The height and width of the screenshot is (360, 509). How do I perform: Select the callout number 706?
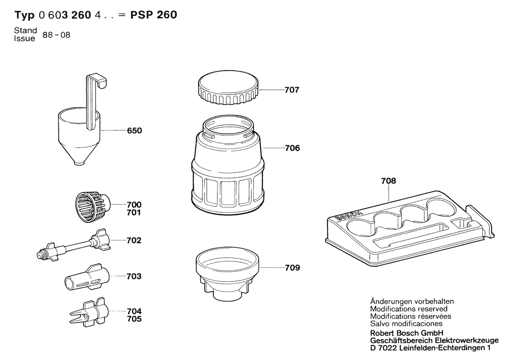[292, 148]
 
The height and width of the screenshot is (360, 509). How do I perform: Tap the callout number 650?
[135, 130]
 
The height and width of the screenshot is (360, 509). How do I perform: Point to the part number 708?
[389, 182]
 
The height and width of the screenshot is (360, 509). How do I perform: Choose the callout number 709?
[292, 268]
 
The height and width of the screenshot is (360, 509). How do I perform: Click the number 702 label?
[135, 240]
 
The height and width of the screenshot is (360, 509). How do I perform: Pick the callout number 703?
[135, 276]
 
